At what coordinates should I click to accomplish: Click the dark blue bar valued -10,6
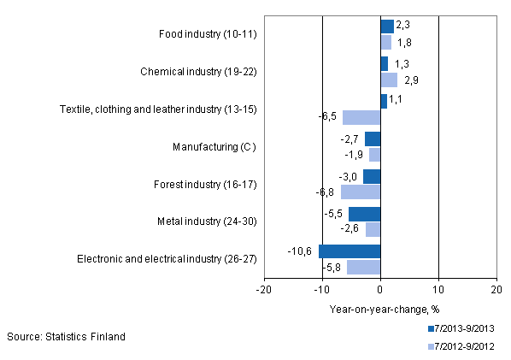[349, 251]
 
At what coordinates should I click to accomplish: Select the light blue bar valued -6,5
[361, 117]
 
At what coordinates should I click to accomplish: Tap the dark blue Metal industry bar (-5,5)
[364, 214]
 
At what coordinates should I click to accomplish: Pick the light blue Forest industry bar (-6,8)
[361, 192]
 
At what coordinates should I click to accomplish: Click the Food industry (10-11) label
[208, 34]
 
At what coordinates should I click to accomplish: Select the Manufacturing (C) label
[214, 147]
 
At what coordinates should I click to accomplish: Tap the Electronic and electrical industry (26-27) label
[167, 259]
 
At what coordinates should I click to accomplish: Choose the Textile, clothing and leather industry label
[158, 109]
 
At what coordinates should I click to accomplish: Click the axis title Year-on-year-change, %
[380, 310]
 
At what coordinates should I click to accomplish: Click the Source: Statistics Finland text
[66, 336]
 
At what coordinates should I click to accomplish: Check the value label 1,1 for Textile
[396, 101]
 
